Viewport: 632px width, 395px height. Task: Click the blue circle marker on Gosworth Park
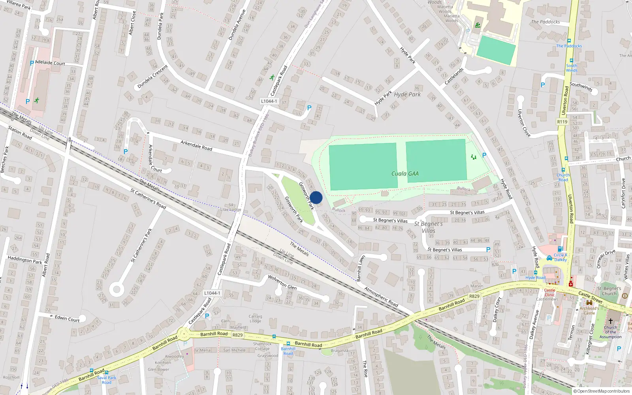click(x=316, y=197)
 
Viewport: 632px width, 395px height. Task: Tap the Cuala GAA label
click(x=405, y=174)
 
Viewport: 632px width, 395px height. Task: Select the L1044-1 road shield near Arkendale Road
click(x=269, y=101)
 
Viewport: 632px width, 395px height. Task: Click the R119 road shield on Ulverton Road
click(x=562, y=122)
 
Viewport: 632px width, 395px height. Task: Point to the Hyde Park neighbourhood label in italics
click(x=407, y=94)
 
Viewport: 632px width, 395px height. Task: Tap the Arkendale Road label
click(x=196, y=145)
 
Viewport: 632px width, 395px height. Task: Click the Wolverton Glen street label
click(x=282, y=282)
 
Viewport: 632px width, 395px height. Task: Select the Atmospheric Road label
click(x=381, y=297)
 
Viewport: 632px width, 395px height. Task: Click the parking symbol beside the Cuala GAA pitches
click(x=484, y=155)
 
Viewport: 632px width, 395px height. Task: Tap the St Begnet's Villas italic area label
click(x=429, y=227)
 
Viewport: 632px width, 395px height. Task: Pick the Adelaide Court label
click(x=50, y=63)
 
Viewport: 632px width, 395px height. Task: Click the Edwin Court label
click(x=67, y=318)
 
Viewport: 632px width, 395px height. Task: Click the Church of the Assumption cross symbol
click(x=610, y=321)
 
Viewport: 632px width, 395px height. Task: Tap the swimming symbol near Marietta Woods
click(x=478, y=25)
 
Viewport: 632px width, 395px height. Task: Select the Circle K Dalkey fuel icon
click(x=560, y=249)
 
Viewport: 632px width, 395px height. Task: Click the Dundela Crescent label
click(x=152, y=77)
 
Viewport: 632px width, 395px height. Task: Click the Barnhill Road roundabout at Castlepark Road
click(x=183, y=335)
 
